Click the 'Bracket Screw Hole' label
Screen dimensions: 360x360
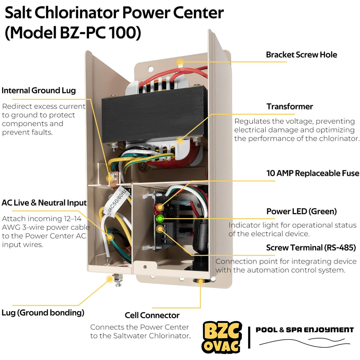click(301, 55)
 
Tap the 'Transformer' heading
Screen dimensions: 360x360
click(290, 107)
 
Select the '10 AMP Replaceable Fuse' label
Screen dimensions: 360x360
click(313, 173)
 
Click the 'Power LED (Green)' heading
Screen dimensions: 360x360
click(301, 211)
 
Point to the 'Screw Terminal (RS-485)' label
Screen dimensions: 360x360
click(311, 248)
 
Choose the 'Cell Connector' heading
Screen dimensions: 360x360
click(152, 315)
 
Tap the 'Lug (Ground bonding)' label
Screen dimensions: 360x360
click(43, 313)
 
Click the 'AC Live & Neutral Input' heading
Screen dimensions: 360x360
click(44, 203)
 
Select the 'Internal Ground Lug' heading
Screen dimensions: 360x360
click(39, 90)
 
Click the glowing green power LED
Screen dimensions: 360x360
click(159, 219)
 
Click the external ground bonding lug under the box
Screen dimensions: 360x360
click(117, 280)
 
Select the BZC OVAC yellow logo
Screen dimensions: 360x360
click(222, 337)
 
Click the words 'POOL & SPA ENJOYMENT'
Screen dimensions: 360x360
click(305, 330)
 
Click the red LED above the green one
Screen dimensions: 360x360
click(159, 207)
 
